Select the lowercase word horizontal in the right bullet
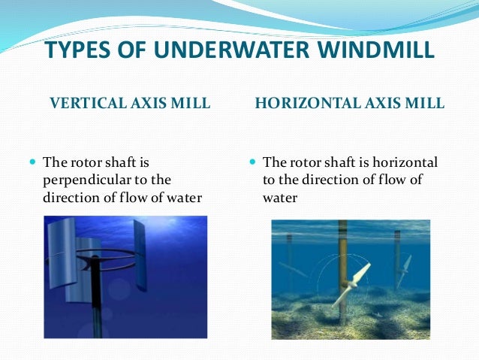click(x=408, y=163)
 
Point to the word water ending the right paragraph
click(x=280, y=199)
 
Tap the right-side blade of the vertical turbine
click(x=140, y=256)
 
